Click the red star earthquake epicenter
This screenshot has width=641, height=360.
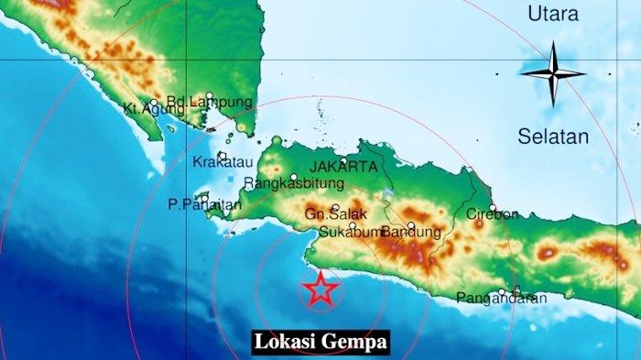[320, 289]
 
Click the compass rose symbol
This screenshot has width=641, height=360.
[553, 73]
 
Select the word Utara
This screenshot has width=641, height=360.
[553, 14]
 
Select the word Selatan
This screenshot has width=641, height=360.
[553, 136]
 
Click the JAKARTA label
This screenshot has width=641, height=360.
[343, 167]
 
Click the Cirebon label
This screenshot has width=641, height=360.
[493, 213]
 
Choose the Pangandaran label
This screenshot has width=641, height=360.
[502, 298]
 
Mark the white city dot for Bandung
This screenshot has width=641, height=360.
[411, 224]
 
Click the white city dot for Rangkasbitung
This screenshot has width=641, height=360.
[294, 178]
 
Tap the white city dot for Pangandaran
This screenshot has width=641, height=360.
[503, 292]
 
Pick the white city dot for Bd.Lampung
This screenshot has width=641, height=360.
[210, 95]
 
